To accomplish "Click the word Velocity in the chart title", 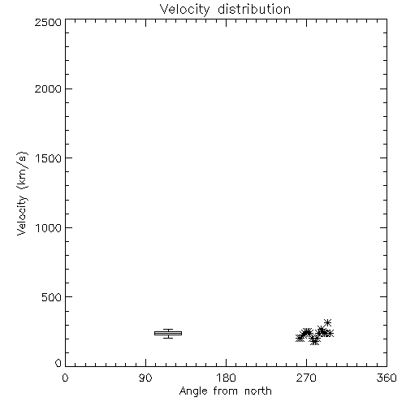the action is pos(185,10).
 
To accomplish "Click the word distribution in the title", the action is pos(254,9).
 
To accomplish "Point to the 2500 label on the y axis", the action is pos(48,22).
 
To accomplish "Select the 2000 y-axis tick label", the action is pos(48,89).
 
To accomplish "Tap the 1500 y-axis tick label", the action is pos(49,158).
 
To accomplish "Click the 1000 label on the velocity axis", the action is pos(49,228).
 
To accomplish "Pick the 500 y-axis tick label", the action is pos(52,297).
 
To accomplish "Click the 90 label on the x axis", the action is pos(146,378).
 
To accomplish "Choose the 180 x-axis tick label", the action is pos(226,378).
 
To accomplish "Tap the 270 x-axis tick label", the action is pos(306,378).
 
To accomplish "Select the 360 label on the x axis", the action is pos(387,378).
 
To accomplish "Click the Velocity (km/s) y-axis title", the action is pos(22,193).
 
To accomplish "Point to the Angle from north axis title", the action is pos(226,391).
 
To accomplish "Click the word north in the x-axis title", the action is pos(258,391).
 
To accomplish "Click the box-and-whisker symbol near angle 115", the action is pos(168,334).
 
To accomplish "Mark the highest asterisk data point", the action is pos(327,322).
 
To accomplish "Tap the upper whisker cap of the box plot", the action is pos(168,330).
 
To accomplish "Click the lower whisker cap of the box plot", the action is pos(168,338).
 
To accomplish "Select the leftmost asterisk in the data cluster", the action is pos(300,338).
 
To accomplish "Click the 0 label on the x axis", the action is pos(65,378).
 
